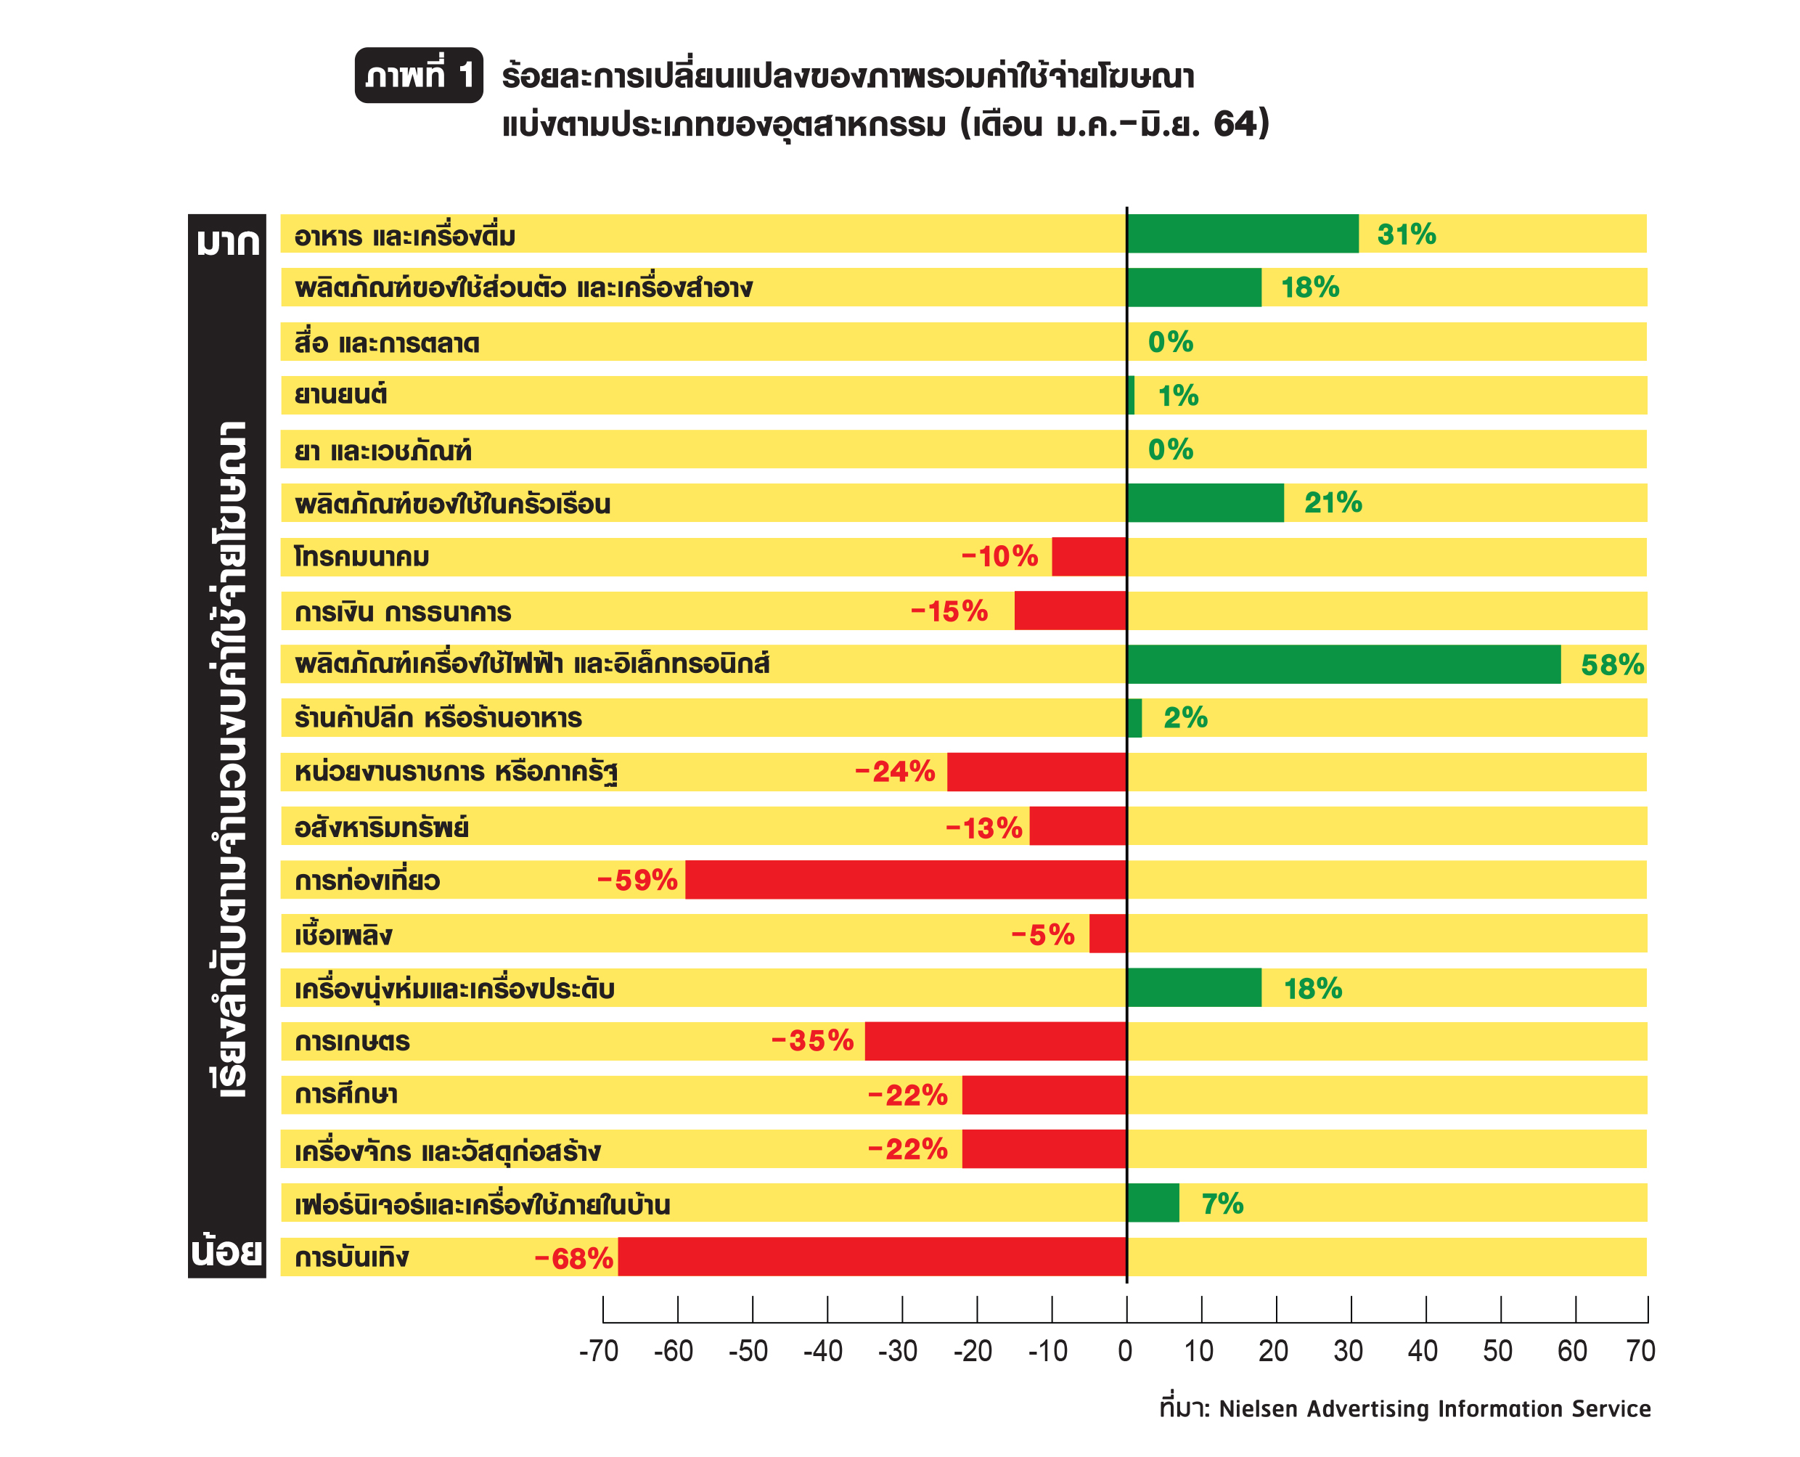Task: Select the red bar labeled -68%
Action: pyautogui.click(x=872, y=1257)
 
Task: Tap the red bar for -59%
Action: pyautogui.click(x=907, y=880)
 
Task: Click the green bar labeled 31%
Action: pyautogui.click(x=1243, y=233)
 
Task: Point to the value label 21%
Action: pyautogui.click(x=1333, y=503)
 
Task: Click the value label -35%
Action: pyautogui.click(x=812, y=1041)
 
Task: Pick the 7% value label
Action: pyautogui.click(x=1222, y=1204)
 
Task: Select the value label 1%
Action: pyautogui.click(x=1178, y=396)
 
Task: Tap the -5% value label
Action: pyautogui.click(x=1042, y=934)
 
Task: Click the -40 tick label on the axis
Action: pyautogui.click(x=822, y=1351)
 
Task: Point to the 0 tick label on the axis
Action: pyautogui.click(x=1125, y=1351)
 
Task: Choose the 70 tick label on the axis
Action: pyautogui.click(x=1640, y=1351)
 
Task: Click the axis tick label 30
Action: pyautogui.click(x=1348, y=1351)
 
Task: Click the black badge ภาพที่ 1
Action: pyautogui.click(x=419, y=75)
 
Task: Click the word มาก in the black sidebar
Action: pyautogui.click(x=227, y=242)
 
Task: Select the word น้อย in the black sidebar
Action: pyautogui.click(x=226, y=1252)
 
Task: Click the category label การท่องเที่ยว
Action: pyautogui.click(x=367, y=881)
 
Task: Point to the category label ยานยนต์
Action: pyautogui.click(x=340, y=394)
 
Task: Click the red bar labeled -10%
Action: pyautogui.click(x=1089, y=556)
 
